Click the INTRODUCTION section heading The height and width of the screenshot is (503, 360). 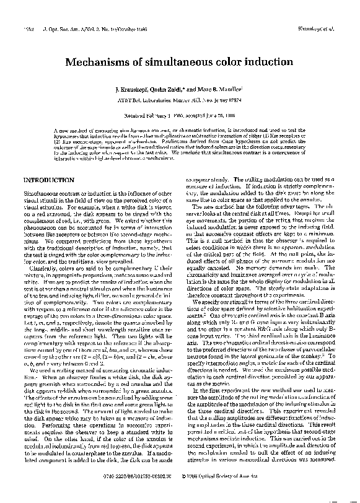(49, 180)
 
